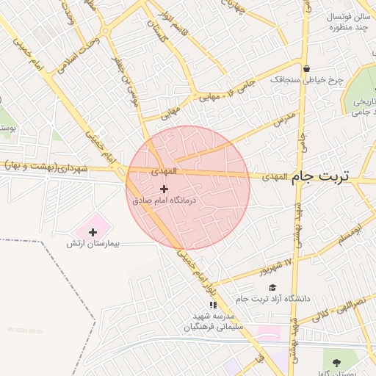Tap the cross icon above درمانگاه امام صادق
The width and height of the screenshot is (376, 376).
click(163, 189)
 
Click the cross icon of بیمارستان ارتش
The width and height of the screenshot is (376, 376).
click(93, 232)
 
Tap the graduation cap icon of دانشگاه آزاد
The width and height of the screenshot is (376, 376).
click(272, 287)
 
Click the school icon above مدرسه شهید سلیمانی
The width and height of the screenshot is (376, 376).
click(213, 305)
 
